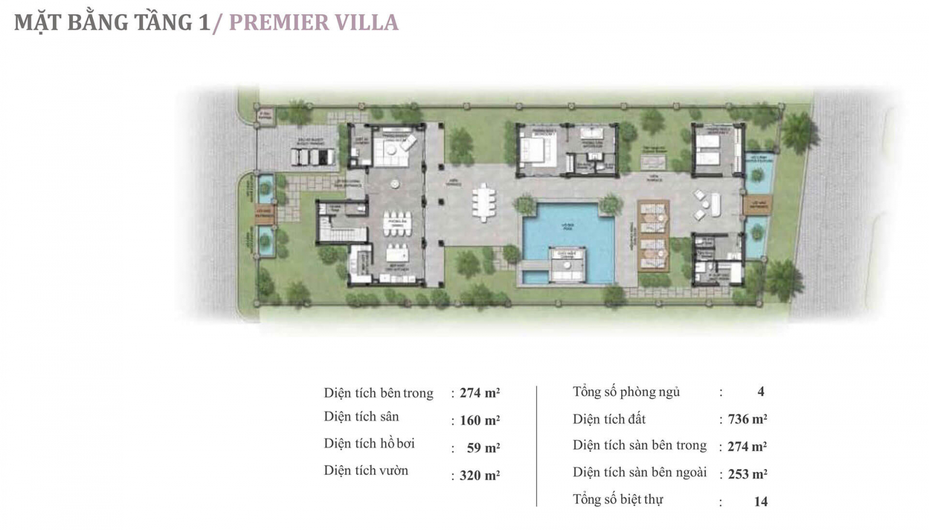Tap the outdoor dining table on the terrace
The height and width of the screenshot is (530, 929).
coord(484,203)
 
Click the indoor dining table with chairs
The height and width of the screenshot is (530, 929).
coord(397,224)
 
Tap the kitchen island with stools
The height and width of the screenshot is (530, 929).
coord(398,254)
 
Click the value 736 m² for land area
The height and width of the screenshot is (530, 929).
coord(747,419)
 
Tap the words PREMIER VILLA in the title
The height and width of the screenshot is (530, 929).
coord(314,23)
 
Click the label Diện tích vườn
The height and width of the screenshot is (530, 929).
coord(366,471)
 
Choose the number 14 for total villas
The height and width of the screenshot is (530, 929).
coord(761,502)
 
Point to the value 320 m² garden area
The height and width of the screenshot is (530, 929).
coord(480,475)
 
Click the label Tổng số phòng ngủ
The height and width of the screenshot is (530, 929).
coord(626,392)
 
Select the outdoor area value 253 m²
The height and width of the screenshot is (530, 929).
coord(747,474)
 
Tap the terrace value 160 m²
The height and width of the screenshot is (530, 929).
coord(480,420)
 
